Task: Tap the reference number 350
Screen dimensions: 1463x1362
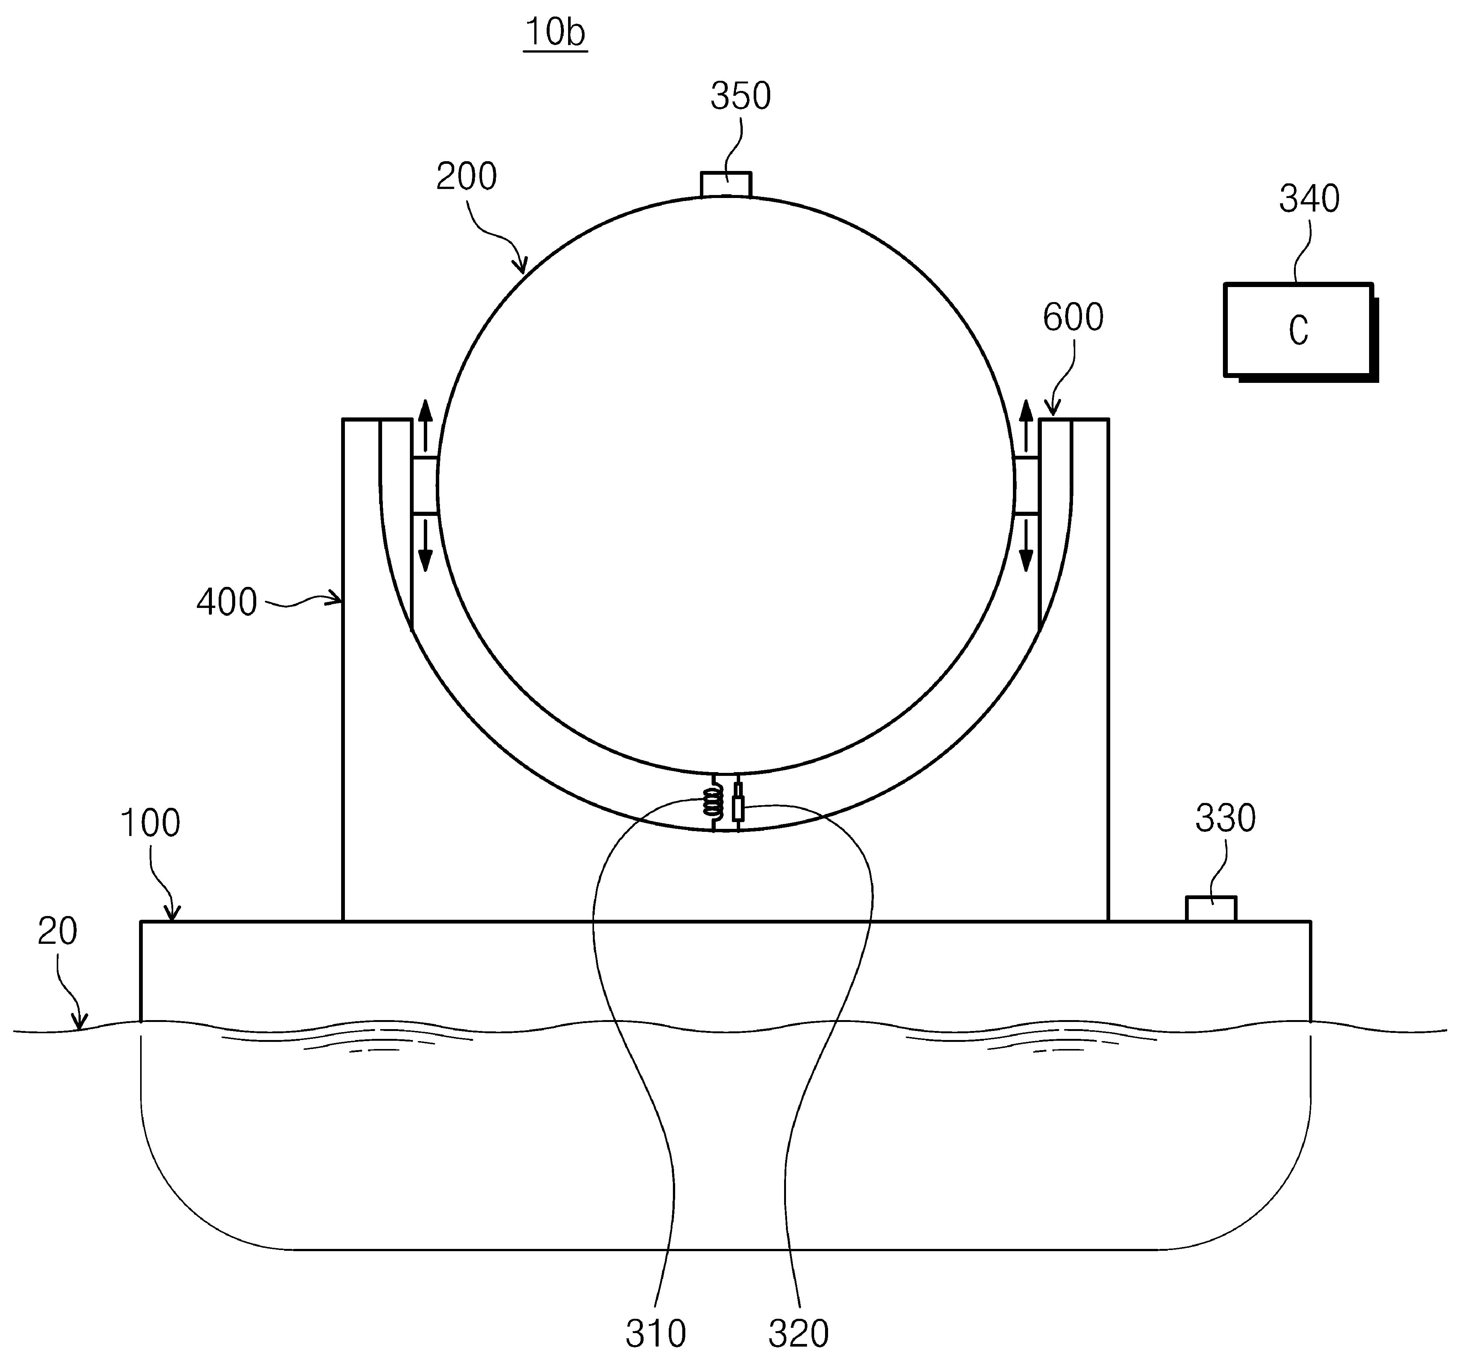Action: [741, 97]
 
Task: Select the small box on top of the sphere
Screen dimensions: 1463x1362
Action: [725, 185]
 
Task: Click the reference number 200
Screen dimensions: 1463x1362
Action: [467, 177]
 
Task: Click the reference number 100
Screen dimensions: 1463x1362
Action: [150, 823]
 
